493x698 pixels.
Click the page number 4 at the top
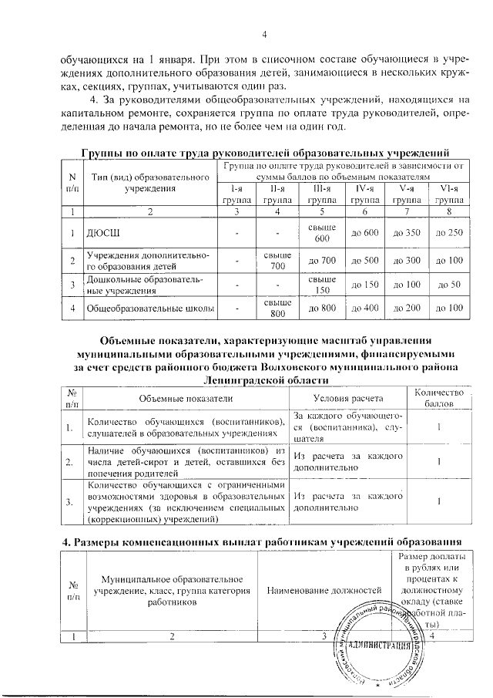pyautogui.click(x=263, y=34)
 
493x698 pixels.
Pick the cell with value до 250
pyautogui.click(x=448, y=232)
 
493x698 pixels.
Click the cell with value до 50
pyautogui.click(x=448, y=285)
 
